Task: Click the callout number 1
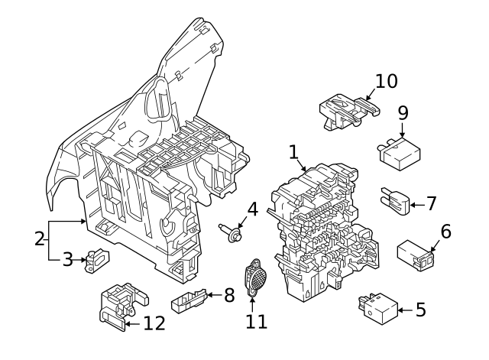click(293, 152)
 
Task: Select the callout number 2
click(40, 238)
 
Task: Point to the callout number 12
click(154, 323)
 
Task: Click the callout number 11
click(257, 321)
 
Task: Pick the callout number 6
click(445, 230)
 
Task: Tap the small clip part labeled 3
click(97, 260)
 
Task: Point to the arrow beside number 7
click(413, 204)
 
